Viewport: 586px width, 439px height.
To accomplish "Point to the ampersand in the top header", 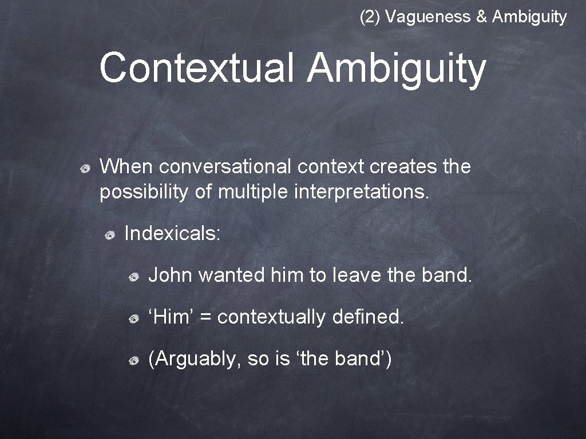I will point(481,17).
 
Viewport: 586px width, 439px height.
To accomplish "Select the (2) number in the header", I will point(370,17).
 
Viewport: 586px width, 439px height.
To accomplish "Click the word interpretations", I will point(361,193).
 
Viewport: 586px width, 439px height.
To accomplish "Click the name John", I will point(171,276).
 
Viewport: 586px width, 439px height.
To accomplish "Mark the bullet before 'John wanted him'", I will point(133,277).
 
